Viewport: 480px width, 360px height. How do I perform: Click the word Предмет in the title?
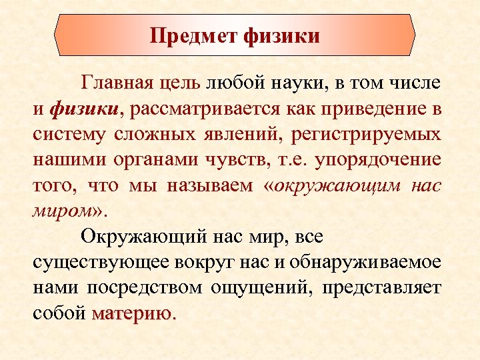pos(194,35)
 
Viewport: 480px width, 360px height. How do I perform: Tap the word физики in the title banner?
pos(283,35)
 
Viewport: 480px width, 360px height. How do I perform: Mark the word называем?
pos(204,185)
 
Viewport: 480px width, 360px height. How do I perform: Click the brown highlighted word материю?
pos(132,313)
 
